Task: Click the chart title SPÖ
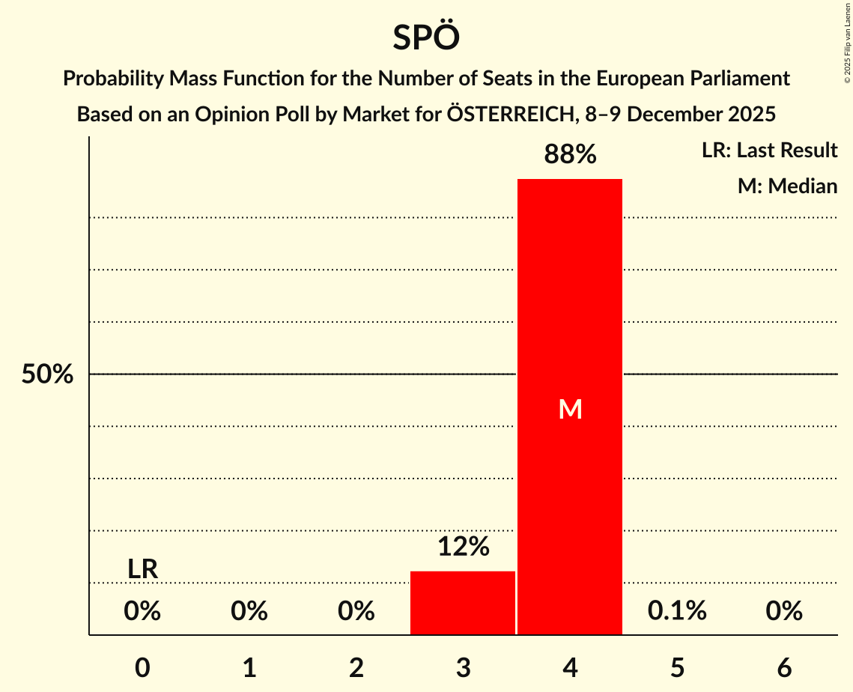click(x=426, y=37)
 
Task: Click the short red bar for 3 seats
click(x=463, y=603)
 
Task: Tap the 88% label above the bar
click(x=570, y=154)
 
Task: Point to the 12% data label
click(x=463, y=547)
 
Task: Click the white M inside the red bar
click(x=570, y=409)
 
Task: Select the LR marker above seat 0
click(x=142, y=569)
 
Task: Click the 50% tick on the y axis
click(x=47, y=374)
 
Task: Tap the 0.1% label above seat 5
click(x=677, y=611)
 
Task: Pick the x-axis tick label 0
click(x=142, y=668)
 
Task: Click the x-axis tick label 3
click(x=463, y=668)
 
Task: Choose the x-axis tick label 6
click(x=784, y=668)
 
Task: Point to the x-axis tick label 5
click(x=677, y=668)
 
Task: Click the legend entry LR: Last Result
click(x=769, y=151)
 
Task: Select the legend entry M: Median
click(x=787, y=186)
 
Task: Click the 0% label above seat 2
click(x=356, y=611)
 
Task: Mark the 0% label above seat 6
click(x=784, y=611)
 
